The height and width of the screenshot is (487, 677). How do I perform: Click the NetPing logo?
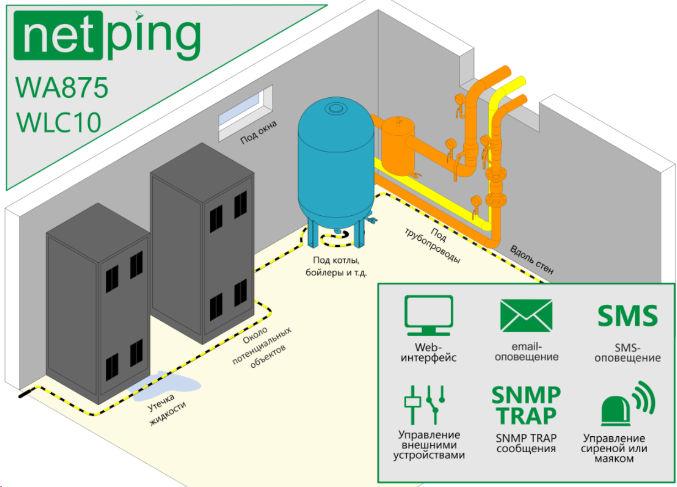[x=107, y=36]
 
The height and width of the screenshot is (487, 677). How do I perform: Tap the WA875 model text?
[x=62, y=87]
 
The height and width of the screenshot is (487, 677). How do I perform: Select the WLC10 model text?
[x=59, y=123]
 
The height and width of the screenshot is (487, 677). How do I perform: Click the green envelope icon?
[x=526, y=315]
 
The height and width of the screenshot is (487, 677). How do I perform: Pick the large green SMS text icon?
[x=628, y=316]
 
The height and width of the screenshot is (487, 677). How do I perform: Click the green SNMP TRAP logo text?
[x=526, y=405]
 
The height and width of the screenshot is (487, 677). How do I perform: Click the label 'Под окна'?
[x=258, y=132]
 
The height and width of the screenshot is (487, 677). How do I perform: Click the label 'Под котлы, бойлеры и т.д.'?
[x=336, y=266]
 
